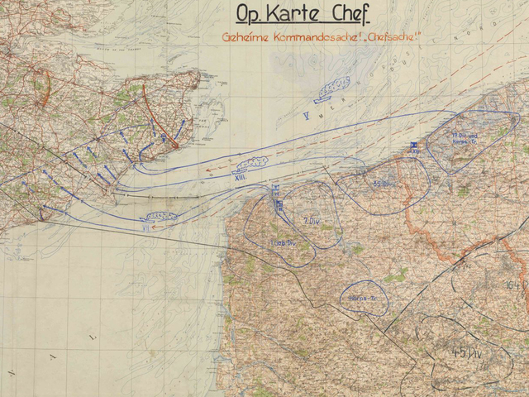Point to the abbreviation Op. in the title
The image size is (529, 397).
(250, 15)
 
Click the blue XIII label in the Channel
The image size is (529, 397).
(241, 175)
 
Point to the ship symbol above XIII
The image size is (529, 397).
(253, 162)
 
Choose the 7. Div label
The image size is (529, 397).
(312, 220)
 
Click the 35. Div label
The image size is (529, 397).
(382, 184)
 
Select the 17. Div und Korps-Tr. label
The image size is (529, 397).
(468, 137)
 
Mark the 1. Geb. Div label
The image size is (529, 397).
(284, 242)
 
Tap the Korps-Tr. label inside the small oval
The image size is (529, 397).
(358, 295)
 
